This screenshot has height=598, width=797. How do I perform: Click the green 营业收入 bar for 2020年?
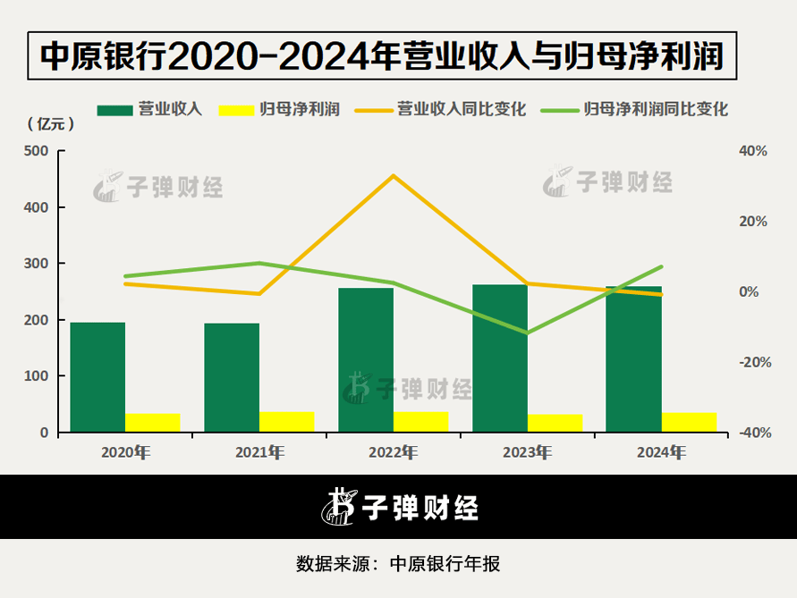(x=98, y=377)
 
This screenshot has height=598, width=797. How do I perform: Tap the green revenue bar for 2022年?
(x=366, y=360)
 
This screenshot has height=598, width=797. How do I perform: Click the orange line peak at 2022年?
(x=393, y=175)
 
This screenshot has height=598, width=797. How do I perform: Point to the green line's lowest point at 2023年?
(x=527, y=333)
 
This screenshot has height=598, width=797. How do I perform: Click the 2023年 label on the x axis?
(x=527, y=452)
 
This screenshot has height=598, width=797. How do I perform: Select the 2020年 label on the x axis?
(x=125, y=452)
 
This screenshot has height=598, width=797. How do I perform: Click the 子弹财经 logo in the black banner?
(x=400, y=507)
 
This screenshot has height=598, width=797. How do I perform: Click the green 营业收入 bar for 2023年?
(x=500, y=358)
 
